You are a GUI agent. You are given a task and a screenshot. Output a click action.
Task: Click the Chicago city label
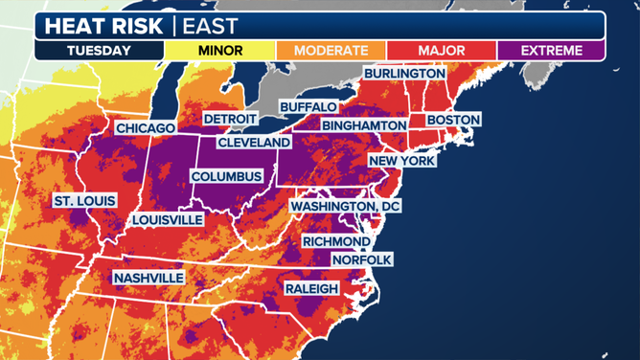[146, 128]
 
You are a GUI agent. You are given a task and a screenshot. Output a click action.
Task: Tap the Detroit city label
[230, 119]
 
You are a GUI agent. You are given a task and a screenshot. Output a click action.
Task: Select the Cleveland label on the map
[254, 143]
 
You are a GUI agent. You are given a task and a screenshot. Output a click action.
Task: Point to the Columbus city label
[227, 177]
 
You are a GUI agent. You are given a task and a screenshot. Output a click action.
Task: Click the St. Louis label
[84, 201]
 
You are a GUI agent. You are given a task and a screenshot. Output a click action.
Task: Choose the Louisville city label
[168, 220]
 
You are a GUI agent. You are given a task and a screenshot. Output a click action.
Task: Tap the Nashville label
[149, 279]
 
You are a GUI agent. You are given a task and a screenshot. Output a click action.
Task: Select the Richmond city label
[336, 242]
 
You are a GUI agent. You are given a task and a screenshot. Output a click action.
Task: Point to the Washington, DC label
[346, 207]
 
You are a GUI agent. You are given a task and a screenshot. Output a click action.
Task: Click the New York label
[402, 161]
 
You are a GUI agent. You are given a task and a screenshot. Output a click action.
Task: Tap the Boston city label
[453, 120]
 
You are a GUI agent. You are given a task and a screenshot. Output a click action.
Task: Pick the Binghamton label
[364, 125]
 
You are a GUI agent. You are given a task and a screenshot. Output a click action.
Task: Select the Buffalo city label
[309, 107]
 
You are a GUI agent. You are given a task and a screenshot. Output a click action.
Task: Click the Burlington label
[403, 74]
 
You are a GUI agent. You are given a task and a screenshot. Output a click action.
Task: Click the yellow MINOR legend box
[219, 50]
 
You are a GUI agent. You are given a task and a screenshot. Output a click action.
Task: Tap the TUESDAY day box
[100, 50]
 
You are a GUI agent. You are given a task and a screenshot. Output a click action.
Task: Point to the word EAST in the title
[211, 26]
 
